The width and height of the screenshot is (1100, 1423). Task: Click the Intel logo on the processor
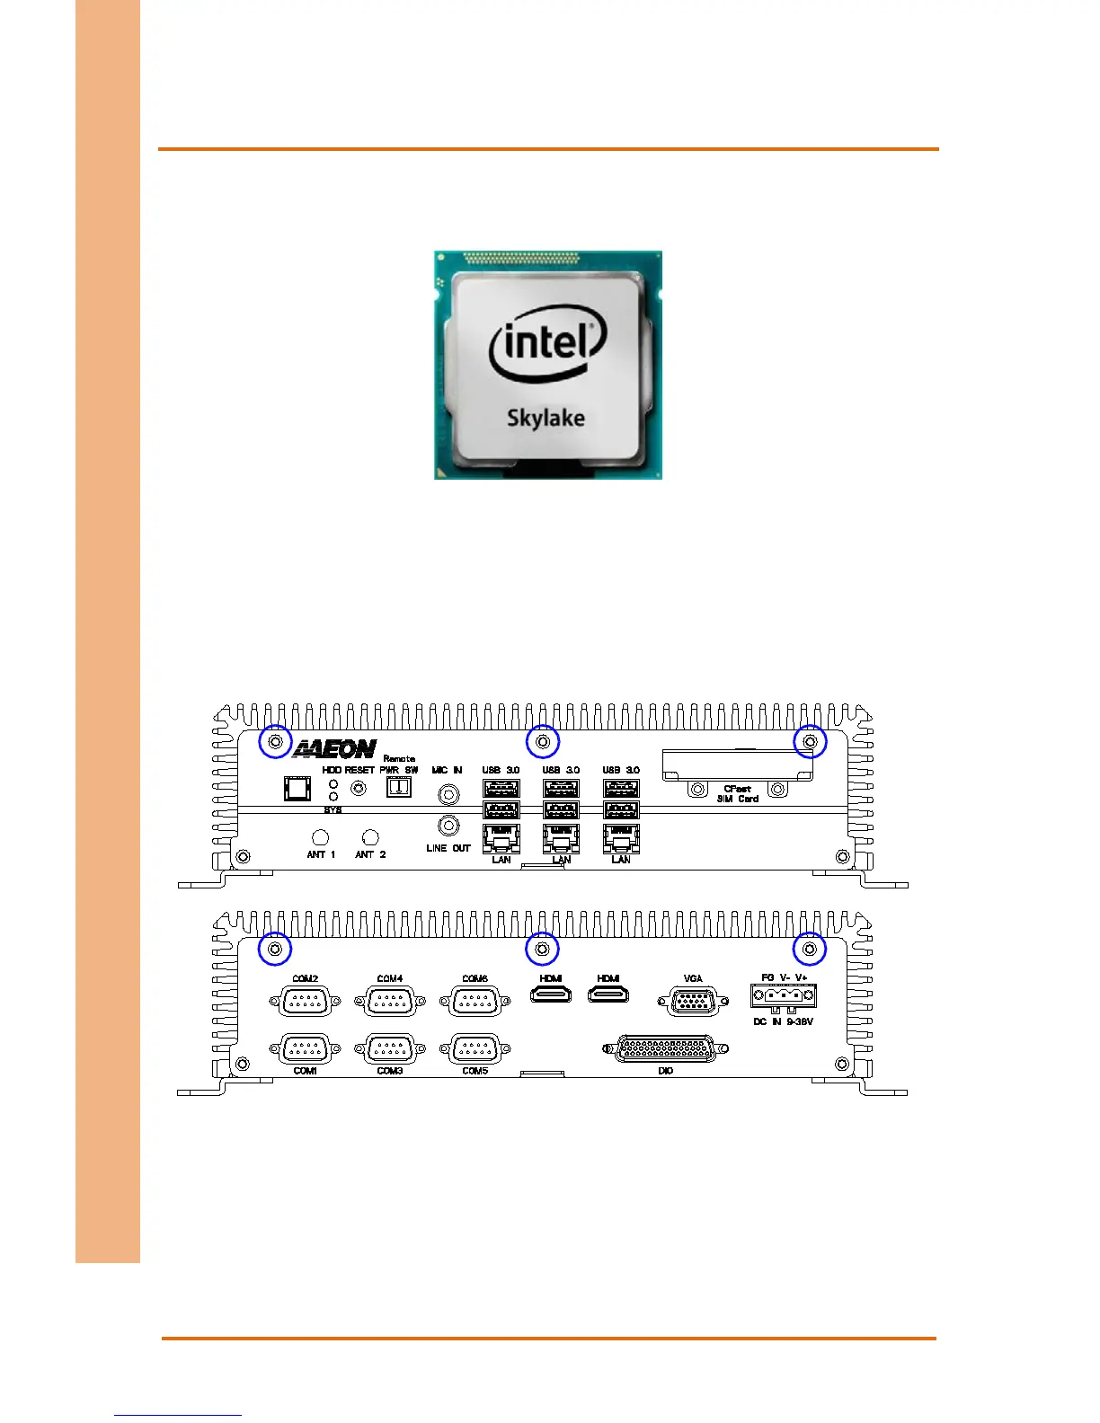[548, 345]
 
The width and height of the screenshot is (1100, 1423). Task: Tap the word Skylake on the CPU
[546, 418]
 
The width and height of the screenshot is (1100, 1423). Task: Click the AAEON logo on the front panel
[333, 749]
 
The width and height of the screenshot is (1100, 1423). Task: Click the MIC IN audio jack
[448, 793]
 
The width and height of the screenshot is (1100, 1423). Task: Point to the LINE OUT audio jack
[448, 825]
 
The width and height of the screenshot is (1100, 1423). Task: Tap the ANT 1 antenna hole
[320, 837]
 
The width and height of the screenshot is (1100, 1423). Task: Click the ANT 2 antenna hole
[369, 837]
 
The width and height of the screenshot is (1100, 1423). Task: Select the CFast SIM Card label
[737, 794]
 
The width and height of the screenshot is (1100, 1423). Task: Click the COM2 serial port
[306, 1001]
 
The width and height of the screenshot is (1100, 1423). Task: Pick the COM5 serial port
[475, 1048]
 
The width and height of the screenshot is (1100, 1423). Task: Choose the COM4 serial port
[390, 1001]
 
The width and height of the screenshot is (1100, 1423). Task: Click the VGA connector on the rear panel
[692, 1001]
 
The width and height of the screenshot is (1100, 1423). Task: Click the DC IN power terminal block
[784, 996]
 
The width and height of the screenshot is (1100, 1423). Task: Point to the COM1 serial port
[306, 1048]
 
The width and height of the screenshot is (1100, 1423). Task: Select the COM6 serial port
[475, 1001]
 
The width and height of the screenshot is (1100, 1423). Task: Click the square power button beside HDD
[297, 788]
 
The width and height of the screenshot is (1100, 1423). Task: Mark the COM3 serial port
[390, 1048]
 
